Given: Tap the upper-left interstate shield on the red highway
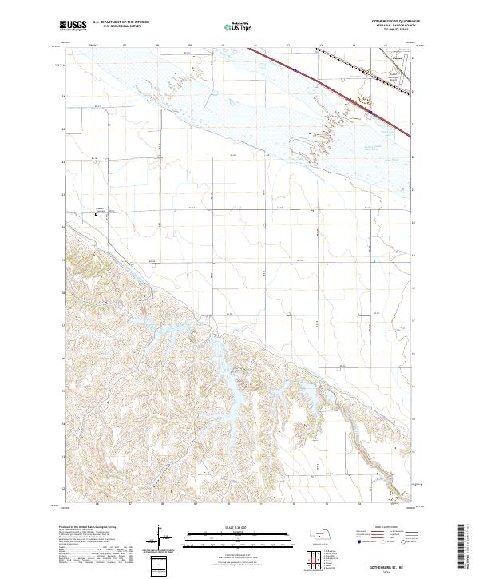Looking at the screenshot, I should [295, 69].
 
